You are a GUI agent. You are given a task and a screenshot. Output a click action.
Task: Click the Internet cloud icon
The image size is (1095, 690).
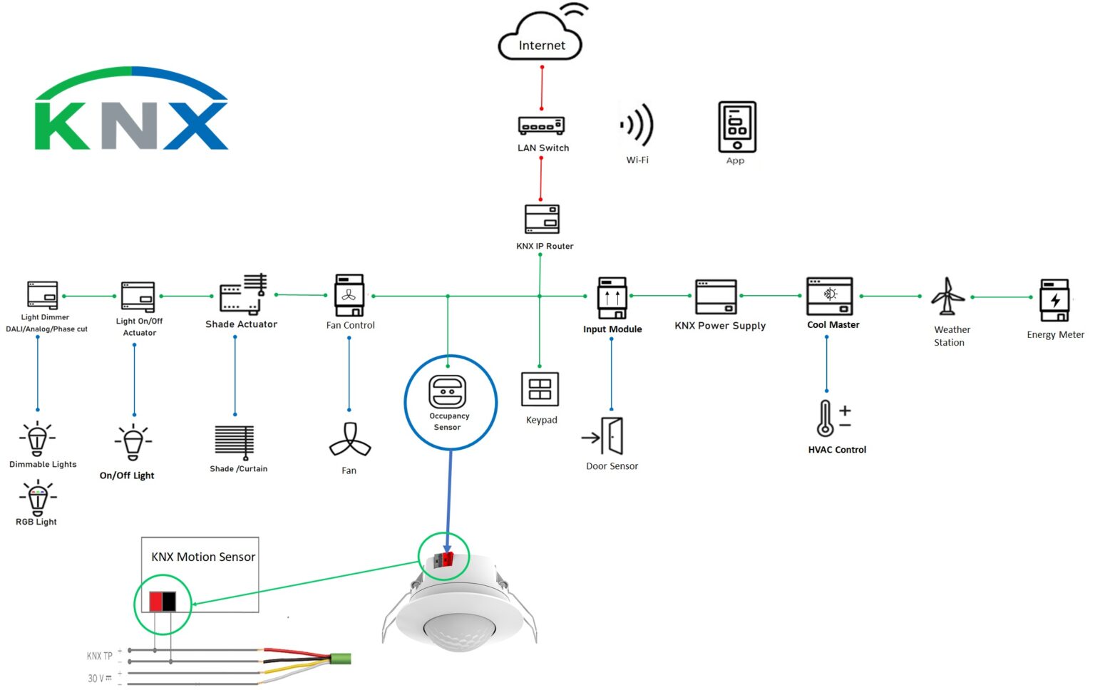541,39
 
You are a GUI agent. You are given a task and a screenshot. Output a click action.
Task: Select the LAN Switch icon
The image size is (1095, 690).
541,125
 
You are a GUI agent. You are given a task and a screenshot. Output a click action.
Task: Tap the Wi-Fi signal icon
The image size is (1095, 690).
637,125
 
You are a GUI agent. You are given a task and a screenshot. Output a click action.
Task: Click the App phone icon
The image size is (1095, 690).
736,127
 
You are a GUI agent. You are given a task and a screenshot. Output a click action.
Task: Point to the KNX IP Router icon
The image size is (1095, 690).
542,219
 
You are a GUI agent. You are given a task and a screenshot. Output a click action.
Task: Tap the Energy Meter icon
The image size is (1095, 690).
1054,300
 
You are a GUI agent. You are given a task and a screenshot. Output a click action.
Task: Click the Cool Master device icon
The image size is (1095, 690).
829,297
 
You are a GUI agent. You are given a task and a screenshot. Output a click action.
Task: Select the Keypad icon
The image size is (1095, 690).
540,390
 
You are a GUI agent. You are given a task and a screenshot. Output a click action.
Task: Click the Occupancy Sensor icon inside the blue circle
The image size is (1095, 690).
447,392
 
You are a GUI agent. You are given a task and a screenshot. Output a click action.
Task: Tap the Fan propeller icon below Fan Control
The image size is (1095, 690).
349,441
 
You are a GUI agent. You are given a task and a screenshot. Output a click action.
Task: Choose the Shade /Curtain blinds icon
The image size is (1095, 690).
235,442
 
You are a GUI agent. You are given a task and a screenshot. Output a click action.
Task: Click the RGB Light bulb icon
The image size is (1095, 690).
38,497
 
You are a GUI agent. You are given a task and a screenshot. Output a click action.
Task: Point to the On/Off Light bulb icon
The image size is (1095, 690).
133,443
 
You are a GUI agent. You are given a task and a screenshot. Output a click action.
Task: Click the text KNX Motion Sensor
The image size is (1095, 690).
203,557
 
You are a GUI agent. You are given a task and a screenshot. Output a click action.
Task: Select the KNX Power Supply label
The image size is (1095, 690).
720,326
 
